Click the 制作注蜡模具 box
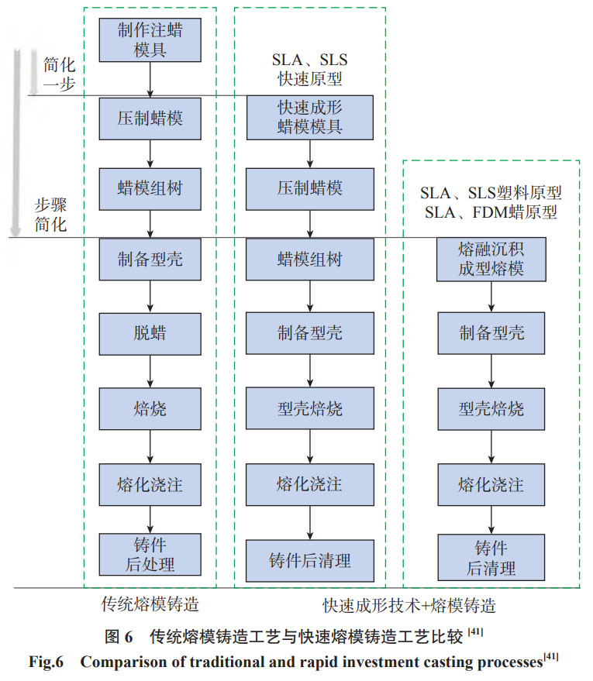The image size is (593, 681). click(151, 40)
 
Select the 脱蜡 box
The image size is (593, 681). click(151, 334)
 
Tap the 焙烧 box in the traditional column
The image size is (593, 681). click(151, 408)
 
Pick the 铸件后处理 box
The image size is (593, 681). click(151, 554)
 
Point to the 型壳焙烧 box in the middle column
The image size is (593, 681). click(310, 408)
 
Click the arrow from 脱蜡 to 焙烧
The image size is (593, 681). click(151, 371)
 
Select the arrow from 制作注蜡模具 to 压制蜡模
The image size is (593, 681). click(151, 79)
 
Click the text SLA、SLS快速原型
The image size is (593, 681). click(310, 68)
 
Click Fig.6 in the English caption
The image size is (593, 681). click(49, 662)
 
